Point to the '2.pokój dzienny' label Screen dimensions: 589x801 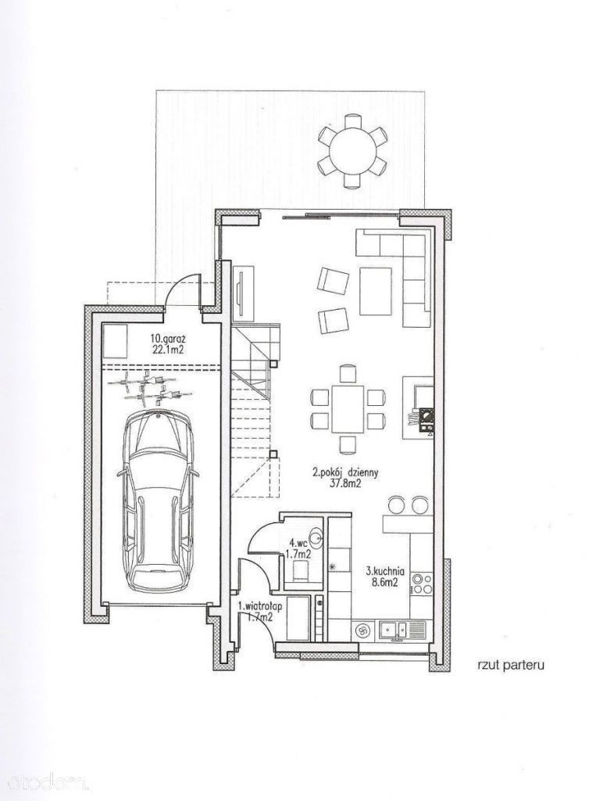344,473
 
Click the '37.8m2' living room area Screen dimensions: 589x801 344,483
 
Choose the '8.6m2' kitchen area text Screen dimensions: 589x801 386,581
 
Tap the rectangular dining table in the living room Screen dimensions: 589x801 347,409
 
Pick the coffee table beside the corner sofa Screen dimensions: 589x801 375,291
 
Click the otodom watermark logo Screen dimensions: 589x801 43,781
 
